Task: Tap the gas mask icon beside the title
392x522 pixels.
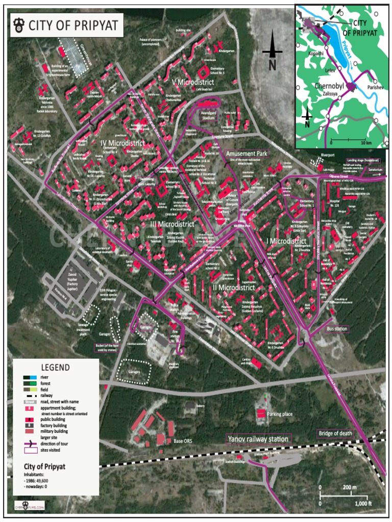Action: [x=17, y=25]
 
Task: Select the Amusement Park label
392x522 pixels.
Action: [x=247, y=153]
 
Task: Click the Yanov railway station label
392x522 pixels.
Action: [x=258, y=439]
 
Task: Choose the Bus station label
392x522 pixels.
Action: [x=337, y=329]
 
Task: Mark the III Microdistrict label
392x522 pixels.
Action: [x=172, y=223]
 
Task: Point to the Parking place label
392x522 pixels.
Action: [x=280, y=414]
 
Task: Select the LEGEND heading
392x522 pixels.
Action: [x=56, y=367]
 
